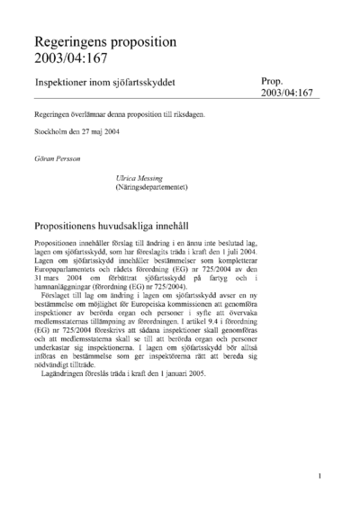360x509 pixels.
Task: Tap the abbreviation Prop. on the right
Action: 274,80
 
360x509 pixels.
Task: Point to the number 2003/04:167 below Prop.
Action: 287,94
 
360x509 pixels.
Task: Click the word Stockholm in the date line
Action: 54,134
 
